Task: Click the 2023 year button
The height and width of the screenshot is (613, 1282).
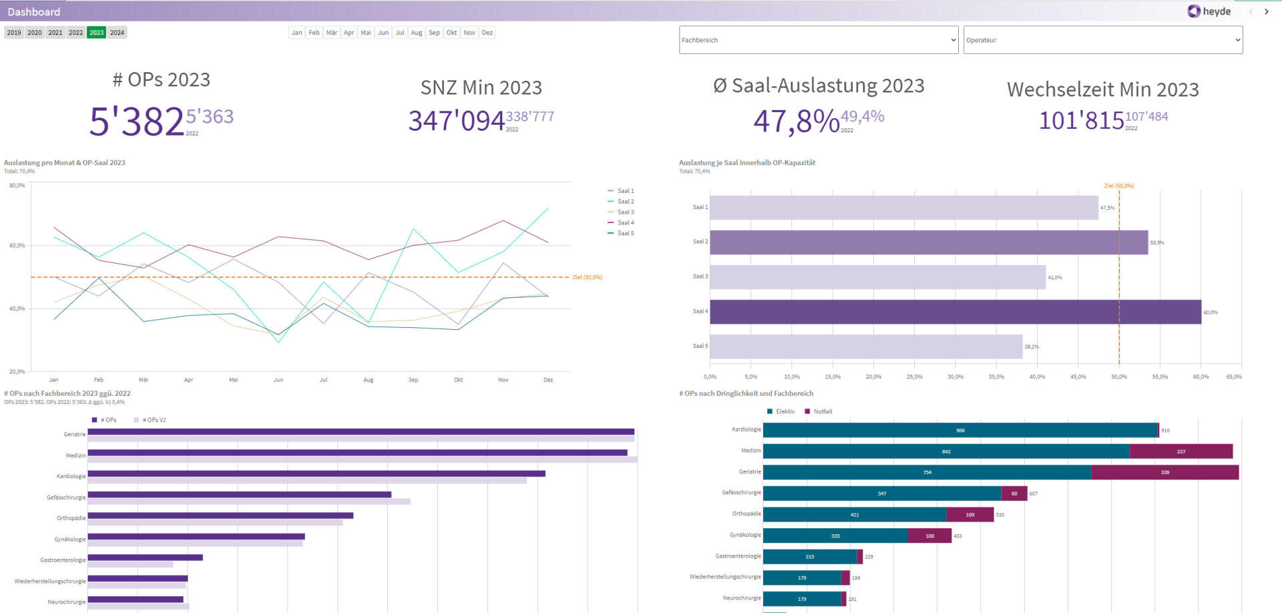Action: click(x=96, y=32)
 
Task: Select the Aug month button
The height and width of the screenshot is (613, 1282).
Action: click(x=416, y=32)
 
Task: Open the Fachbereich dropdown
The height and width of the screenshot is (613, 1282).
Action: click(x=818, y=40)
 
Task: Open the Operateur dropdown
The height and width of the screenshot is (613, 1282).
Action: click(x=1102, y=40)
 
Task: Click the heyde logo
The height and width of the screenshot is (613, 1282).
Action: click(x=1209, y=11)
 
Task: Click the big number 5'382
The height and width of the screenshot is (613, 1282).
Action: click(x=136, y=122)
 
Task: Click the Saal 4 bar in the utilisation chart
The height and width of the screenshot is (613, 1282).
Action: click(x=955, y=312)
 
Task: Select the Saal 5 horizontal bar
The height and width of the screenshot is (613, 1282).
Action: click(x=865, y=347)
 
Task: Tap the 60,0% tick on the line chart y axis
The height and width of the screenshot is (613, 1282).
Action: click(x=17, y=246)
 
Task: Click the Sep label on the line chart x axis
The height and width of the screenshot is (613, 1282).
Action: click(x=413, y=380)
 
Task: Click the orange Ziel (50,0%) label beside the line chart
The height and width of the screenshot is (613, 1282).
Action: click(x=587, y=277)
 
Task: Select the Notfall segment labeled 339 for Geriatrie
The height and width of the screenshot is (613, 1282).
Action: click(x=1164, y=472)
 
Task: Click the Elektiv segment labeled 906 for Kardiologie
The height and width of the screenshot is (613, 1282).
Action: click(x=959, y=430)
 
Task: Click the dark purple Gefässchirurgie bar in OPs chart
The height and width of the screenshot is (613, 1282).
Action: click(x=239, y=494)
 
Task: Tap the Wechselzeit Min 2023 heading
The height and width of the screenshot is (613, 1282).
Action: click(x=1102, y=89)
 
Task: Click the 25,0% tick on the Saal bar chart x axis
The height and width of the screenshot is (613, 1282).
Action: click(x=914, y=377)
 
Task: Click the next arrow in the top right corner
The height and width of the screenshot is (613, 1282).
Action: click(x=1266, y=11)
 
